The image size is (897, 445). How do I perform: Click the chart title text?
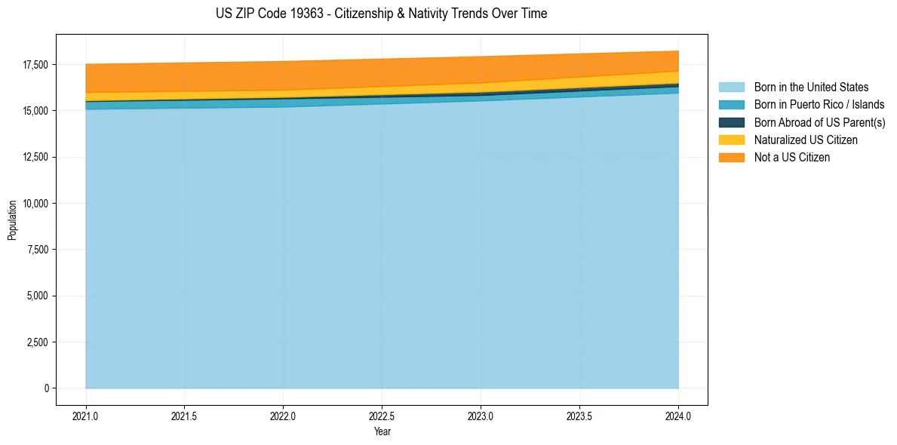(x=381, y=14)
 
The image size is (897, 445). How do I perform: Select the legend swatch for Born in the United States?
(x=731, y=87)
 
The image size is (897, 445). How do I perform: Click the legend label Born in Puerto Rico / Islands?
(x=819, y=105)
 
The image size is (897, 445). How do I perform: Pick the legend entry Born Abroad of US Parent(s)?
(x=819, y=122)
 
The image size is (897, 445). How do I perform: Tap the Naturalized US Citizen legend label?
(x=806, y=140)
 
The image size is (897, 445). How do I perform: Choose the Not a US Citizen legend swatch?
(x=731, y=157)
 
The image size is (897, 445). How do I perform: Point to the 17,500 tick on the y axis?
(x=35, y=65)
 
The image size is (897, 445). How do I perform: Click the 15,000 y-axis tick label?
(x=35, y=111)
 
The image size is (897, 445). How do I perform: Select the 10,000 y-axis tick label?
(x=35, y=204)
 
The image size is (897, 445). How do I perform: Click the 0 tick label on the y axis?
(x=46, y=388)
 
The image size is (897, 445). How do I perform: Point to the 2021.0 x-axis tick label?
(x=85, y=416)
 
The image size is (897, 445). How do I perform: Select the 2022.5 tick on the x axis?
(x=382, y=416)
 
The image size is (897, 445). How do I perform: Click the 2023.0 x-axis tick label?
(x=481, y=416)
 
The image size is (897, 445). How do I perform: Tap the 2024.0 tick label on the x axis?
(x=678, y=416)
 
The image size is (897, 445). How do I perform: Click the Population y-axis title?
(x=12, y=220)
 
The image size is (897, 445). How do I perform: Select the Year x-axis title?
(x=382, y=432)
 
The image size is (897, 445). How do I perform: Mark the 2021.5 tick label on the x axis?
(x=184, y=416)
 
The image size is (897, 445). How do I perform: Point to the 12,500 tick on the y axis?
(x=35, y=157)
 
